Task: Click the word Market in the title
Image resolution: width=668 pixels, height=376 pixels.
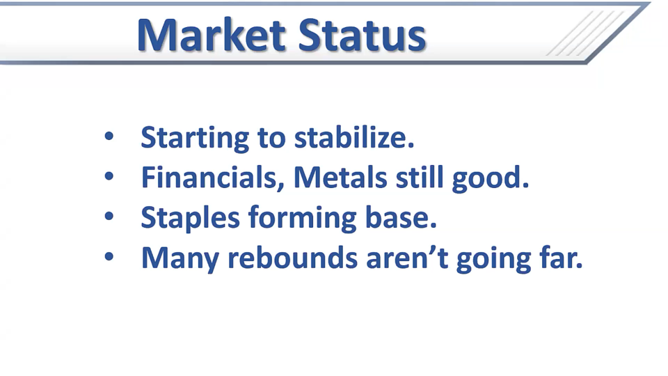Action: (x=212, y=35)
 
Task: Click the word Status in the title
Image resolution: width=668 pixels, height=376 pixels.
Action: (x=362, y=35)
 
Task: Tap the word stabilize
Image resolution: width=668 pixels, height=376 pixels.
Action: (x=354, y=137)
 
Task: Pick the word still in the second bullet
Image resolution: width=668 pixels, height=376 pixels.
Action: (x=420, y=177)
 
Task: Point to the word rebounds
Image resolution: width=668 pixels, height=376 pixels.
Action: (x=292, y=257)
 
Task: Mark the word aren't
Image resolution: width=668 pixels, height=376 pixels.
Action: (x=407, y=257)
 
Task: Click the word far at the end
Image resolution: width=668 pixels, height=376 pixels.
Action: (x=561, y=257)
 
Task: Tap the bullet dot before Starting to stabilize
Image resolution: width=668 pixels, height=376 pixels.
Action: (x=109, y=136)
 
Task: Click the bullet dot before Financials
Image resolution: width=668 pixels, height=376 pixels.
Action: (x=109, y=176)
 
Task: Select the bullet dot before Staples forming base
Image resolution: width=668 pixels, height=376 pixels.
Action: (x=109, y=216)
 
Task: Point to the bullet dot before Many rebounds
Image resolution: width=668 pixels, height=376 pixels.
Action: (x=109, y=256)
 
